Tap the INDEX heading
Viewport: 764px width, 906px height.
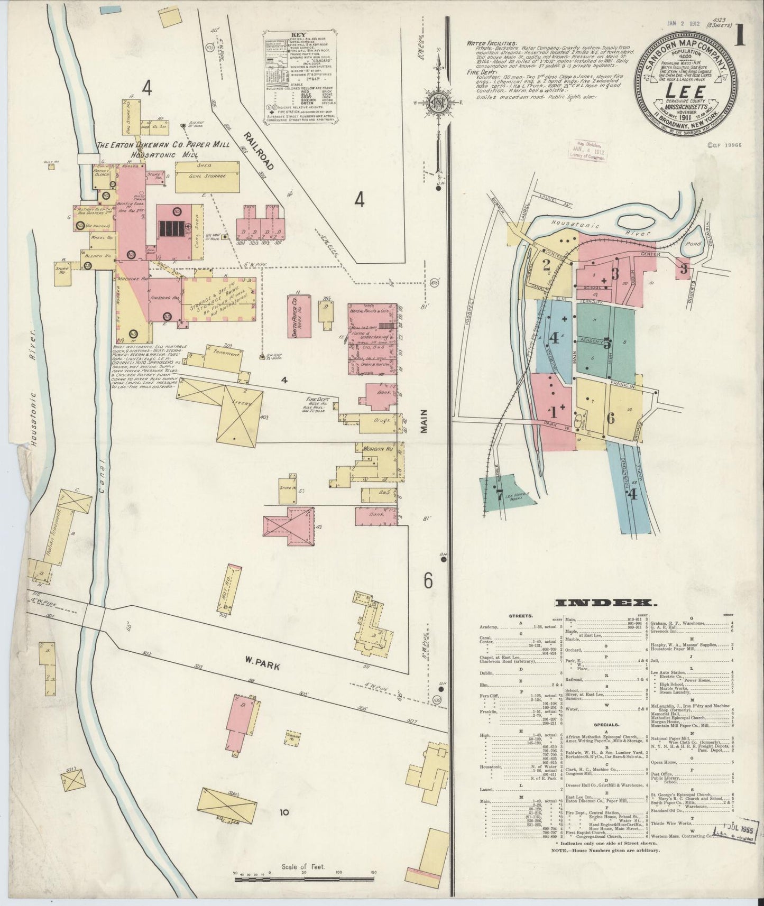(606, 603)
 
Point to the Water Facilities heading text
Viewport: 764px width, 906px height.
(493, 43)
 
